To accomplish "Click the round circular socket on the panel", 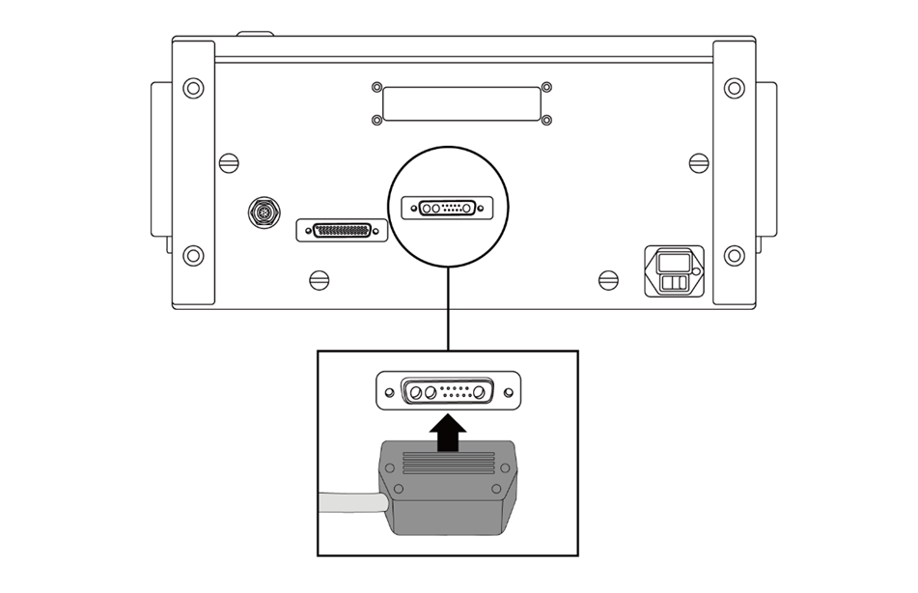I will tap(264, 212).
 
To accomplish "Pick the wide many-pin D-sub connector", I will tap(342, 231).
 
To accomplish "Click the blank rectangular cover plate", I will tap(461, 103).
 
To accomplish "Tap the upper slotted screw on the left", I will tap(229, 162).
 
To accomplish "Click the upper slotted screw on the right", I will tap(698, 162).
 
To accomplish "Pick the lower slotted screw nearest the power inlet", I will tap(608, 279).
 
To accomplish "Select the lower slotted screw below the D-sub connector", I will tap(320, 279).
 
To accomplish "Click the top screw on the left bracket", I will tap(193, 88).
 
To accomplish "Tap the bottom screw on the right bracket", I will tap(735, 255).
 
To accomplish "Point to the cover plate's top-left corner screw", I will tap(376, 87).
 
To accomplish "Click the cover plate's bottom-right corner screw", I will tap(546, 120).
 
